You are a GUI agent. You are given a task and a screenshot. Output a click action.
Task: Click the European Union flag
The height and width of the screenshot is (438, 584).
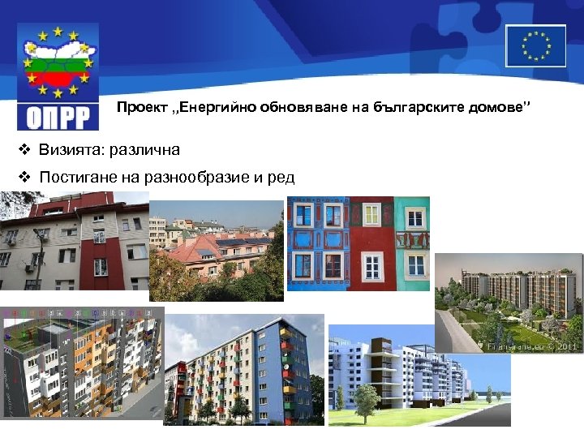click(x=535, y=45)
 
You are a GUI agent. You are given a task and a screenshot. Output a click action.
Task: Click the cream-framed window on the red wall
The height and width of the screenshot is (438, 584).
click(x=371, y=216)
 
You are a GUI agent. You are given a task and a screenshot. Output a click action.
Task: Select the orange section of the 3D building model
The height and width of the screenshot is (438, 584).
click(x=89, y=357)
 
